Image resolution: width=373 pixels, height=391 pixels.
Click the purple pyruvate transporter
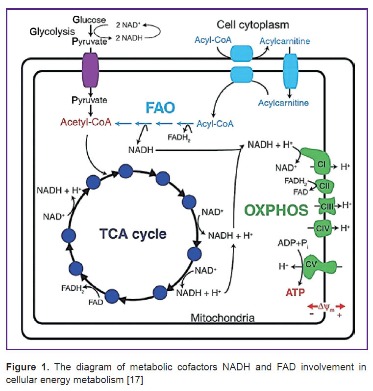90,70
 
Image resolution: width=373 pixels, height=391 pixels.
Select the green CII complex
324,186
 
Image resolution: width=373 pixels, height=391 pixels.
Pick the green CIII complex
327,206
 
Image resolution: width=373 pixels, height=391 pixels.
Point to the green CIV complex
323,228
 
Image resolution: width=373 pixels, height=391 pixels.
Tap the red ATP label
295,292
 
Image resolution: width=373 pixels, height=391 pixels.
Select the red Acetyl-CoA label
86,122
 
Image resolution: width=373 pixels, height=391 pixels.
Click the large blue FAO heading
160,108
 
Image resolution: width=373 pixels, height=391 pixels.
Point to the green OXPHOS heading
276,210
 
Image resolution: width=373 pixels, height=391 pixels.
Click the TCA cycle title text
133,234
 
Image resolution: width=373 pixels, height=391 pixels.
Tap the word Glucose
89,20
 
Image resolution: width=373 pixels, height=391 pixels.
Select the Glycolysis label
52,31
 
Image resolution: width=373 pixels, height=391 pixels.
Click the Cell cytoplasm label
253,25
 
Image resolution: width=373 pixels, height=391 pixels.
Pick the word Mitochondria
223,318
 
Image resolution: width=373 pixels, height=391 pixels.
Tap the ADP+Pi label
294,243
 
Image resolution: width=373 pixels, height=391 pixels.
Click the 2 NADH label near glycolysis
129,38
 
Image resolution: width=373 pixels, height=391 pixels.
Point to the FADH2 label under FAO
179,138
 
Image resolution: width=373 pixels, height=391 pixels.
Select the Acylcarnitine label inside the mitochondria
283,103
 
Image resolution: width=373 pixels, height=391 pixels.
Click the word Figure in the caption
21,367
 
